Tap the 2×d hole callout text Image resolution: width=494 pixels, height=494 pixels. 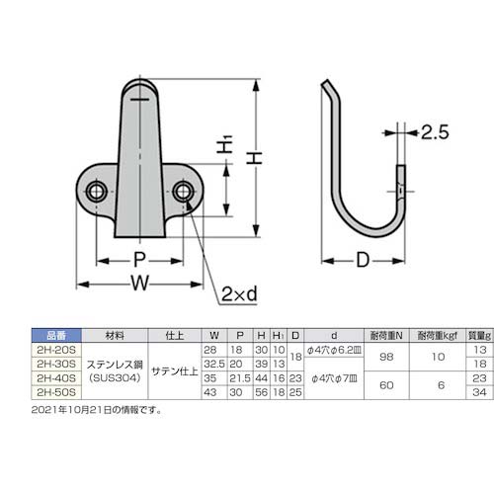(239, 293)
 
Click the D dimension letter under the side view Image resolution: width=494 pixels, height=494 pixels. (362, 261)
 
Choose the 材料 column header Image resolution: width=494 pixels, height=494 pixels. (115, 335)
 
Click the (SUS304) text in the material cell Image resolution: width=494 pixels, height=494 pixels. (115, 377)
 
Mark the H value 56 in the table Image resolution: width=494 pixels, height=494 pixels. (258, 391)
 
